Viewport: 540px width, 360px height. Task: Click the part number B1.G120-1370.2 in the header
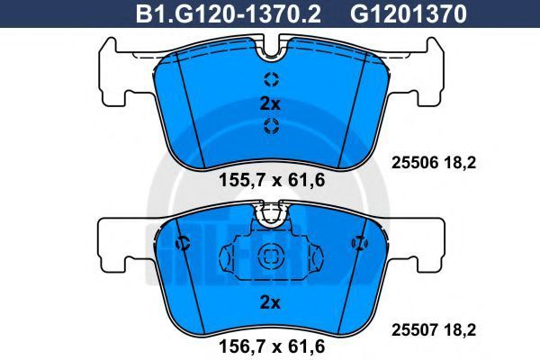point(229,14)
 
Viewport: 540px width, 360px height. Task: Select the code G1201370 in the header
point(409,14)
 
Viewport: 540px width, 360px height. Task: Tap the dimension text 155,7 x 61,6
point(272,180)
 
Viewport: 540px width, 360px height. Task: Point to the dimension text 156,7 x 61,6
point(272,346)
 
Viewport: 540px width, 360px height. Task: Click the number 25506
point(415,162)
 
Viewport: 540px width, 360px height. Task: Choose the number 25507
point(415,330)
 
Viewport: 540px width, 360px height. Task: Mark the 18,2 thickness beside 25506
point(460,162)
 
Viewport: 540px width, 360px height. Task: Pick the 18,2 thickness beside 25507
point(460,330)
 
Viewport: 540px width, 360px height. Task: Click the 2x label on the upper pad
point(270,103)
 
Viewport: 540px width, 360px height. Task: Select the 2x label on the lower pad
point(270,302)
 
